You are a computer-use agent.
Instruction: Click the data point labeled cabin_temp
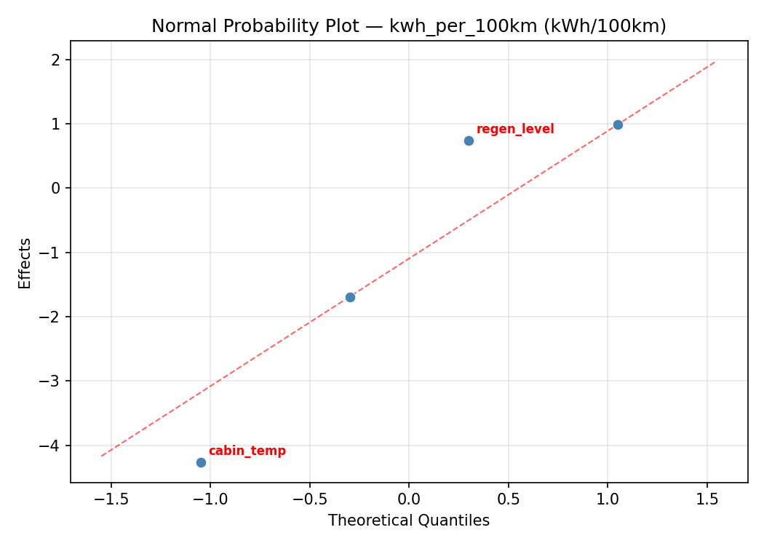201,462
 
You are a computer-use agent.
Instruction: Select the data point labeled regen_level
469,141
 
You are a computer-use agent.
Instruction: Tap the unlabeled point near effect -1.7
350,297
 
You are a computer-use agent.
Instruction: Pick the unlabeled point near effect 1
618,124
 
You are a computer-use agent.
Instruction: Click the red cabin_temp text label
247,451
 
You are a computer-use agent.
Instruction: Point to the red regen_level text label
515,129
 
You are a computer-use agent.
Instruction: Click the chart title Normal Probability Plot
408,26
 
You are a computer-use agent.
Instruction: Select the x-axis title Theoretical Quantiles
408,521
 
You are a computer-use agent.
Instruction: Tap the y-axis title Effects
25,263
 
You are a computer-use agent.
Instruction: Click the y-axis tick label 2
56,60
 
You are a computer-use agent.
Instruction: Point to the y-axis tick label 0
56,188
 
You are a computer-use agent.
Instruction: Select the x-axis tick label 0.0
408,499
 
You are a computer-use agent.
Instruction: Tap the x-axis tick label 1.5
707,499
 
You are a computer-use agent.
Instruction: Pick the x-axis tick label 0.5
508,499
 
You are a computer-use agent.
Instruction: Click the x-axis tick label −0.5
309,499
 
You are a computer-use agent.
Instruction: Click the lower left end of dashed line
101,456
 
